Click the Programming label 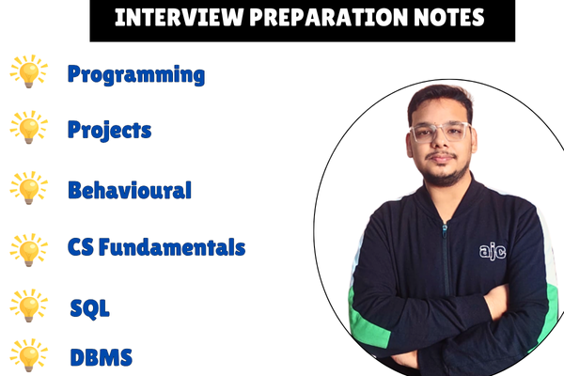[135, 75]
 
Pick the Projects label [109, 130]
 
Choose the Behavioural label [129, 190]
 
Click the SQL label [89, 307]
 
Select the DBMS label [102, 357]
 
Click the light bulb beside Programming [28, 73]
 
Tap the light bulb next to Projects [28, 128]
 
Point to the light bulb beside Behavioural [28, 188]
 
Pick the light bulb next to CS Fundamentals [28, 249]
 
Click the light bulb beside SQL [28, 306]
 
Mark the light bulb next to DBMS [28, 356]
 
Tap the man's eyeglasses [438, 132]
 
